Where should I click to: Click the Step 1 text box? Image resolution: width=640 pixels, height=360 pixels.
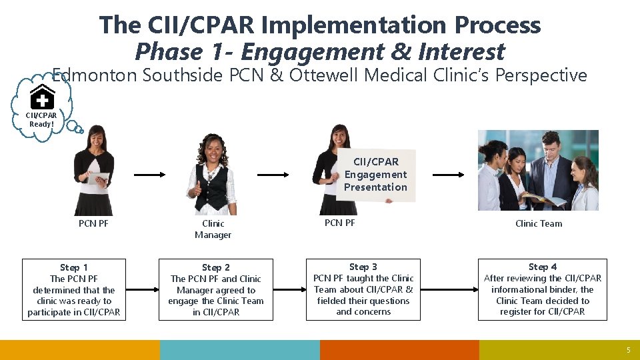(x=74, y=290)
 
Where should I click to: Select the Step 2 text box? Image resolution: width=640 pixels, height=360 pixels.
(x=215, y=290)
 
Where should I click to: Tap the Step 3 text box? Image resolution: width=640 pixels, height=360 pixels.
(x=363, y=289)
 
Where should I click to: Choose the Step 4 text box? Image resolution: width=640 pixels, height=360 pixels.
(x=542, y=289)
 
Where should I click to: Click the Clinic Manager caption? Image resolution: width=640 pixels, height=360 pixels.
(x=213, y=229)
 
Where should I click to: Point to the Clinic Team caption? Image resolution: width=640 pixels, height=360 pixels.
(x=539, y=223)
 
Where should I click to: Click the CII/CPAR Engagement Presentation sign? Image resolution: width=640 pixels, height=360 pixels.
(x=375, y=175)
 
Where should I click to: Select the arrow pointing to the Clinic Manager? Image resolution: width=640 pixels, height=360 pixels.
(x=149, y=175)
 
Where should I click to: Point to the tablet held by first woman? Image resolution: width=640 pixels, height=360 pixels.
(x=99, y=179)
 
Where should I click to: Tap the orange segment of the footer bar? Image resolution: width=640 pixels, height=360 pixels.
(x=399, y=350)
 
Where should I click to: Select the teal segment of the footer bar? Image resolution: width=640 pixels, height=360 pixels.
(x=239, y=350)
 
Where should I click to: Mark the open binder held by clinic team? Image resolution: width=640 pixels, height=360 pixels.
(x=543, y=198)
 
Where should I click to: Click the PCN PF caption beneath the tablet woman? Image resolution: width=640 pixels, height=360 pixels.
(x=93, y=223)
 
